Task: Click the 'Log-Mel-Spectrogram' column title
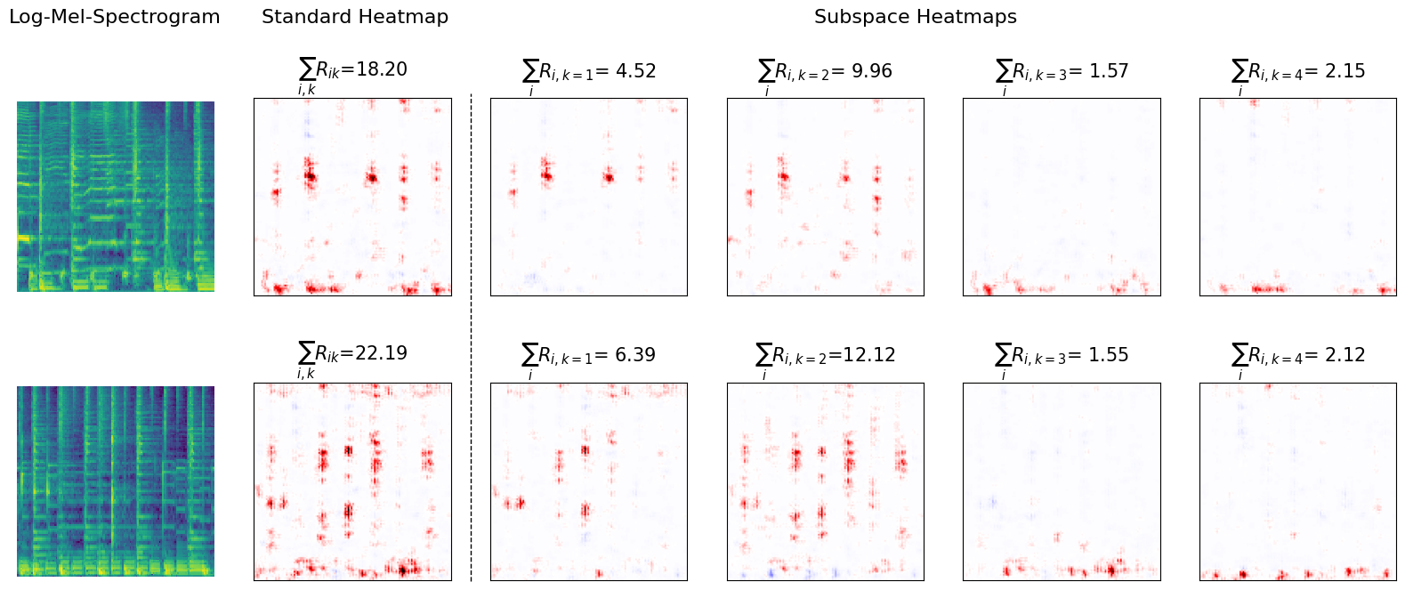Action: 114,17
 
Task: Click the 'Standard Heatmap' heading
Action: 354,17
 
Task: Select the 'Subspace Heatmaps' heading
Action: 915,17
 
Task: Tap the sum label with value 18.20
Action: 353,70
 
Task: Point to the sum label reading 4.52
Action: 589,72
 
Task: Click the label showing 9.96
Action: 825,72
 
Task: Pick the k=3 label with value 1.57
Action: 1062,72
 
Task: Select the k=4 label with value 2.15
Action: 1298,72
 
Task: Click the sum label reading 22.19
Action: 353,354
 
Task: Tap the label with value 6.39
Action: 589,356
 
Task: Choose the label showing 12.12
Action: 825,356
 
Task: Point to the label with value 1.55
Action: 1062,356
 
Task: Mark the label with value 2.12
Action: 1298,356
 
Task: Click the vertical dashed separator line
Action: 471,338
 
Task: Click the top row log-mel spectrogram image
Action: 116,197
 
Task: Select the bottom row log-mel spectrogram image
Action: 116,481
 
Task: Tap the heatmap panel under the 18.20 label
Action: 352,197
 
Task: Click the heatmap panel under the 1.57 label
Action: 1062,197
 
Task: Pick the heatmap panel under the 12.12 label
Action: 825,481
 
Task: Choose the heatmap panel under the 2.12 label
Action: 1297,481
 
